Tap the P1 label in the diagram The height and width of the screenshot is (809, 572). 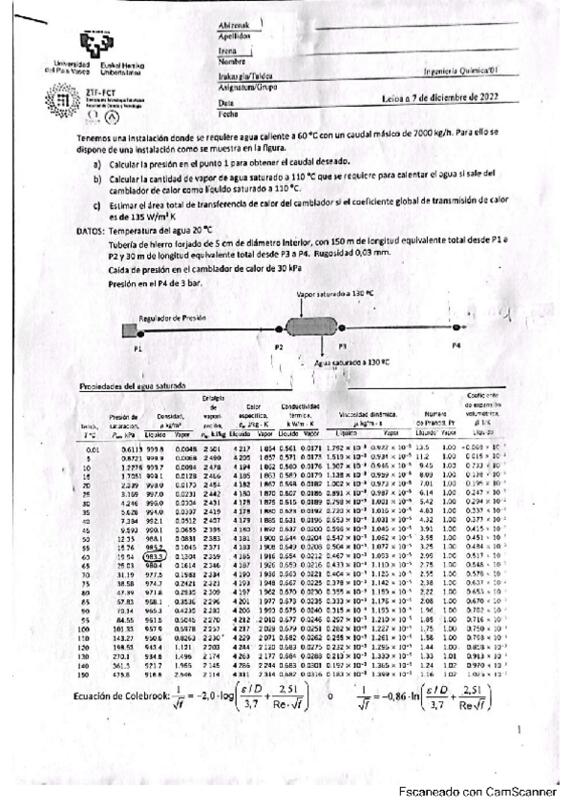coord(138,349)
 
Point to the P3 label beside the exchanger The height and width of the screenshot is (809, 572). coord(343,347)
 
